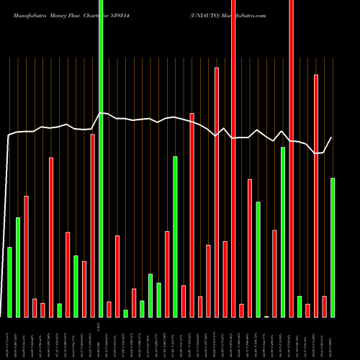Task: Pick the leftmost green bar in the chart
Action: [x=9, y=282]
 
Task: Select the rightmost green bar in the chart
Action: [x=332, y=248]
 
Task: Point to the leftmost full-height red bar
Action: [x=233, y=158]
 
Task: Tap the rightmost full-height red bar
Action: [x=291, y=158]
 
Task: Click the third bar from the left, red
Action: [x=27, y=256]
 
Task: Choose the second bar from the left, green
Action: [x=18, y=267]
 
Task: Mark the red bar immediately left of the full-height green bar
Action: [x=92, y=225]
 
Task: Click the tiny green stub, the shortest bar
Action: [x=266, y=316]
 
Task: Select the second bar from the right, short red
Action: [x=324, y=307]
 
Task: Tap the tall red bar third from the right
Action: [x=315, y=195]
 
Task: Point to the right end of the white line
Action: [x=332, y=138]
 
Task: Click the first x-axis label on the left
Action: [x=8, y=338]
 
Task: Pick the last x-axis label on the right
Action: [x=332, y=338]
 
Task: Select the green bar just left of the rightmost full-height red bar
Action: [x=283, y=232]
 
